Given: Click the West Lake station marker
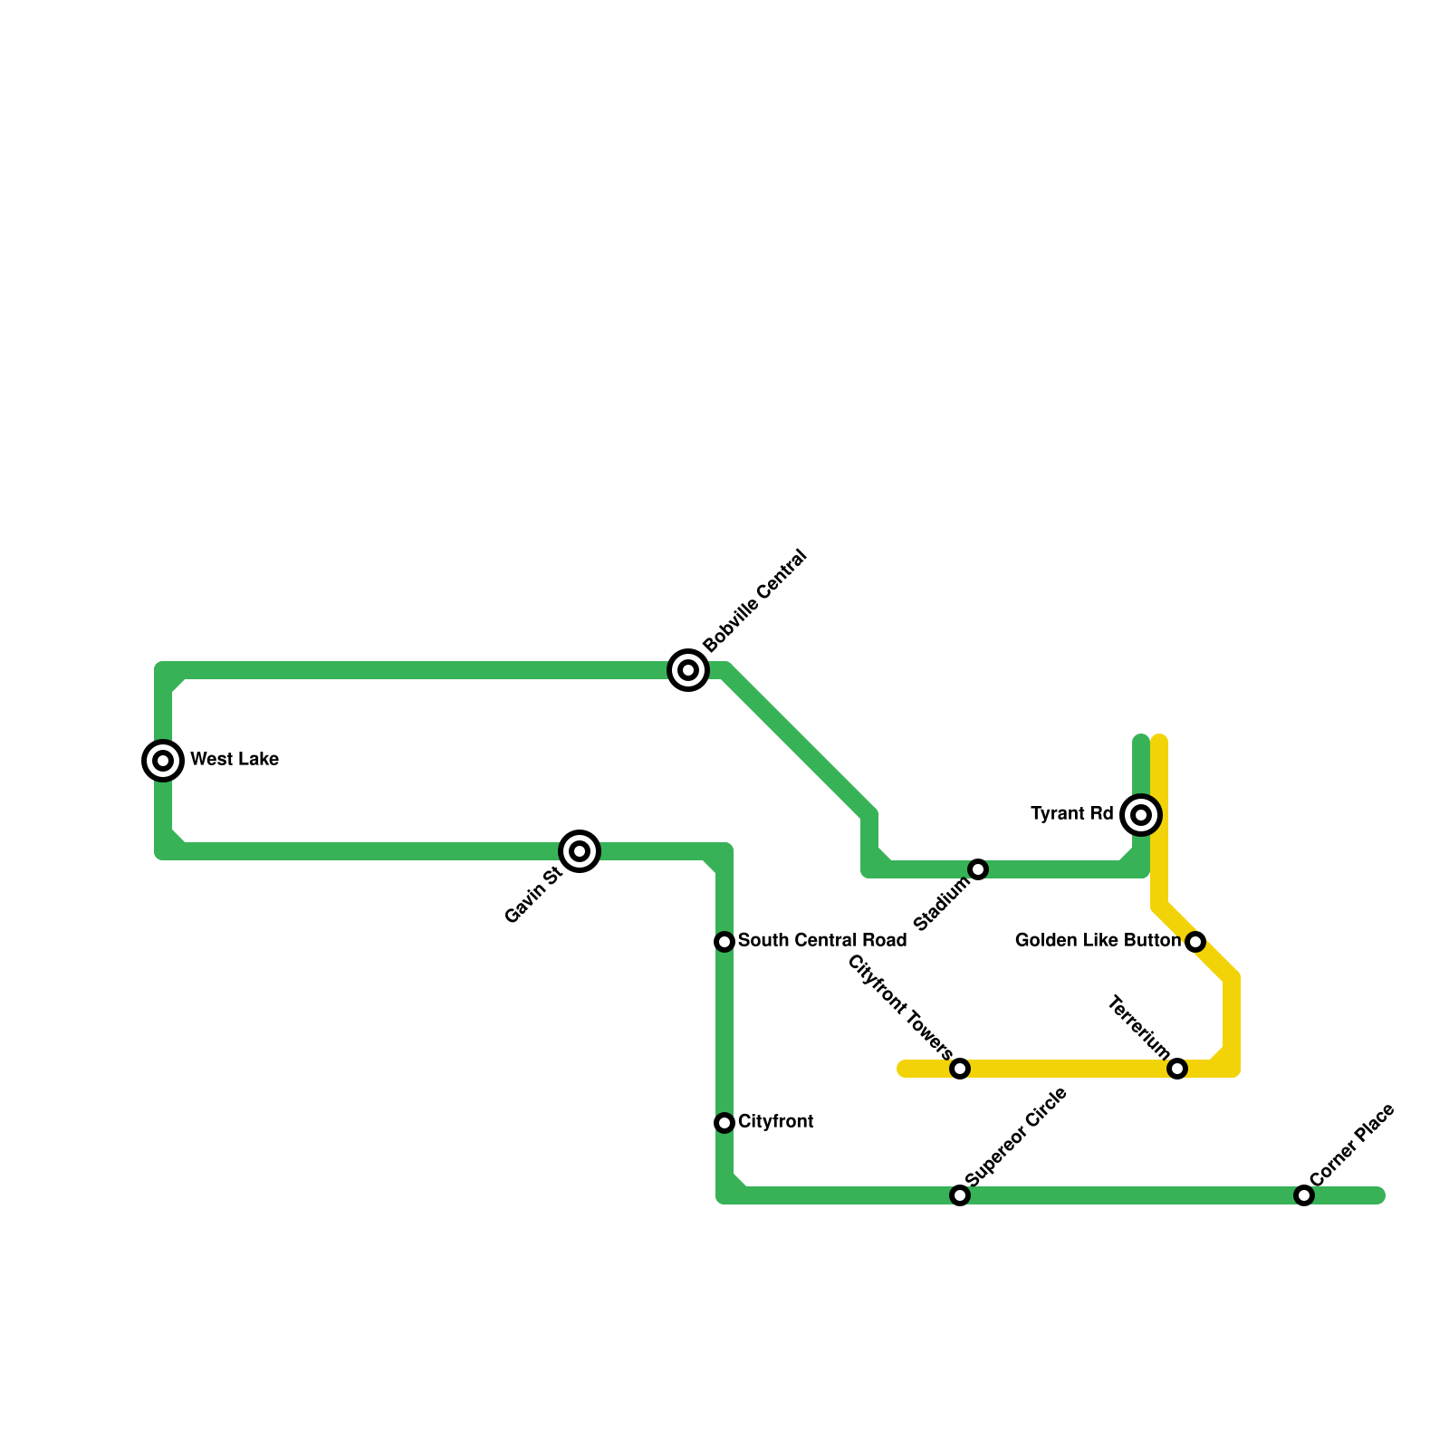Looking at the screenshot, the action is coord(163,761).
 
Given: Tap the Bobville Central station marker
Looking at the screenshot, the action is coord(688,670).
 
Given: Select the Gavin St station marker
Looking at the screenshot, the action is coord(580,851).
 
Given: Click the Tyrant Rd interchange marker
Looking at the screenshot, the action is coord(1141,815).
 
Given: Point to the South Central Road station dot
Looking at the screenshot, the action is coord(724,942).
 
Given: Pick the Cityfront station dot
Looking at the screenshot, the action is coord(724,1123).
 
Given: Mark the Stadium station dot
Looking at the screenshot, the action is coord(978,869).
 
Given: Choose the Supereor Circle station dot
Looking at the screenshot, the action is coord(960,1195).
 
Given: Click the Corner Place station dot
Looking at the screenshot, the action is coord(1304,1195).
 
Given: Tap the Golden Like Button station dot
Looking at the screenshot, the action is coord(1195,942).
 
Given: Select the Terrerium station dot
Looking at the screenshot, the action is coord(1177,1069).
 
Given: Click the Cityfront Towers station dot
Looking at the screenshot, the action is coord(960,1069).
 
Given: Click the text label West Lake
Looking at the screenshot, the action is coord(235,760).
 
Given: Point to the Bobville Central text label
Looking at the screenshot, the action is coord(754,600).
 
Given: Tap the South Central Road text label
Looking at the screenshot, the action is coord(822,941).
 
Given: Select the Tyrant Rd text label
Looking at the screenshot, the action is coord(1072,814).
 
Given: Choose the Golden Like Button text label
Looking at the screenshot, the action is coord(1098,941).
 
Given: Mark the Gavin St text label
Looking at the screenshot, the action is coord(533,896).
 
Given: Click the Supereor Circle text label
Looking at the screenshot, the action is coord(1017,1137).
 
